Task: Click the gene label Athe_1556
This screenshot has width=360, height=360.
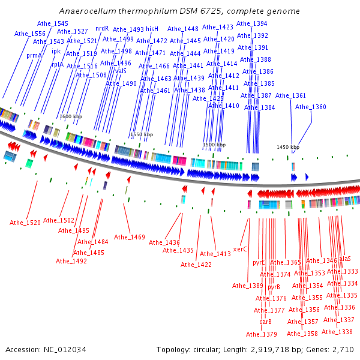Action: click(x=30, y=34)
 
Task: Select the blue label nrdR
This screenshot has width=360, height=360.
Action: click(x=102, y=28)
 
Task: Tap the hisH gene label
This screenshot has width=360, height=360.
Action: click(x=152, y=29)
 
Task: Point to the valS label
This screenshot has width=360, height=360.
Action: click(x=121, y=71)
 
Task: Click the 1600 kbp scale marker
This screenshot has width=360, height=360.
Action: click(x=71, y=116)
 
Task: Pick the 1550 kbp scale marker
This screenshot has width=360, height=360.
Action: click(x=142, y=134)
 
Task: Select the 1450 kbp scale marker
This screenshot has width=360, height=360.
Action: click(x=288, y=147)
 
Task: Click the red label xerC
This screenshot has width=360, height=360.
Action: click(x=240, y=249)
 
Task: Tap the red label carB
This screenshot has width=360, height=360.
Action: click(x=265, y=322)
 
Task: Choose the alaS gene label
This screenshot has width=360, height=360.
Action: click(x=345, y=259)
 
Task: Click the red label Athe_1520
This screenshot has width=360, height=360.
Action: click(x=25, y=223)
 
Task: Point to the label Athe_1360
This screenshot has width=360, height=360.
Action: click(x=310, y=107)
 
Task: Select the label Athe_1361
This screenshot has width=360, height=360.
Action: click(x=290, y=95)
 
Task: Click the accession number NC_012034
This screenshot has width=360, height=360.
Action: click(x=65, y=350)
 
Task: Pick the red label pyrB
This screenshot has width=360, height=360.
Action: click(x=274, y=287)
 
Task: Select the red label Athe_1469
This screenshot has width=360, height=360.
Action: click(x=129, y=237)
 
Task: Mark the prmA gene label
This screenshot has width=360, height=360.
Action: click(x=34, y=56)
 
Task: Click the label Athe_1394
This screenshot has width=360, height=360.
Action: click(x=251, y=23)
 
